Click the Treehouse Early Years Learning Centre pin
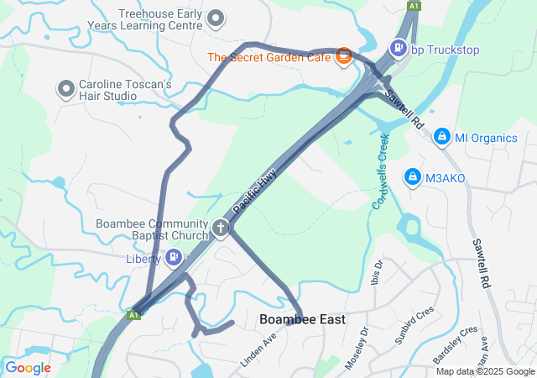click(216, 18)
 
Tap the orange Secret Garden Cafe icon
click(342, 57)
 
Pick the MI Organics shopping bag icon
click(441, 137)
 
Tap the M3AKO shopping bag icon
click(412, 177)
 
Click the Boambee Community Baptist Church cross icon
click(220, 228)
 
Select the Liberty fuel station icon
click(174, 257)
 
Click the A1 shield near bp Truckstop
click(414, 6)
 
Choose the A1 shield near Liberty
click(133, 315)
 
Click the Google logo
click(28, 367)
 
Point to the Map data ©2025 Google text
click(485, 371)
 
